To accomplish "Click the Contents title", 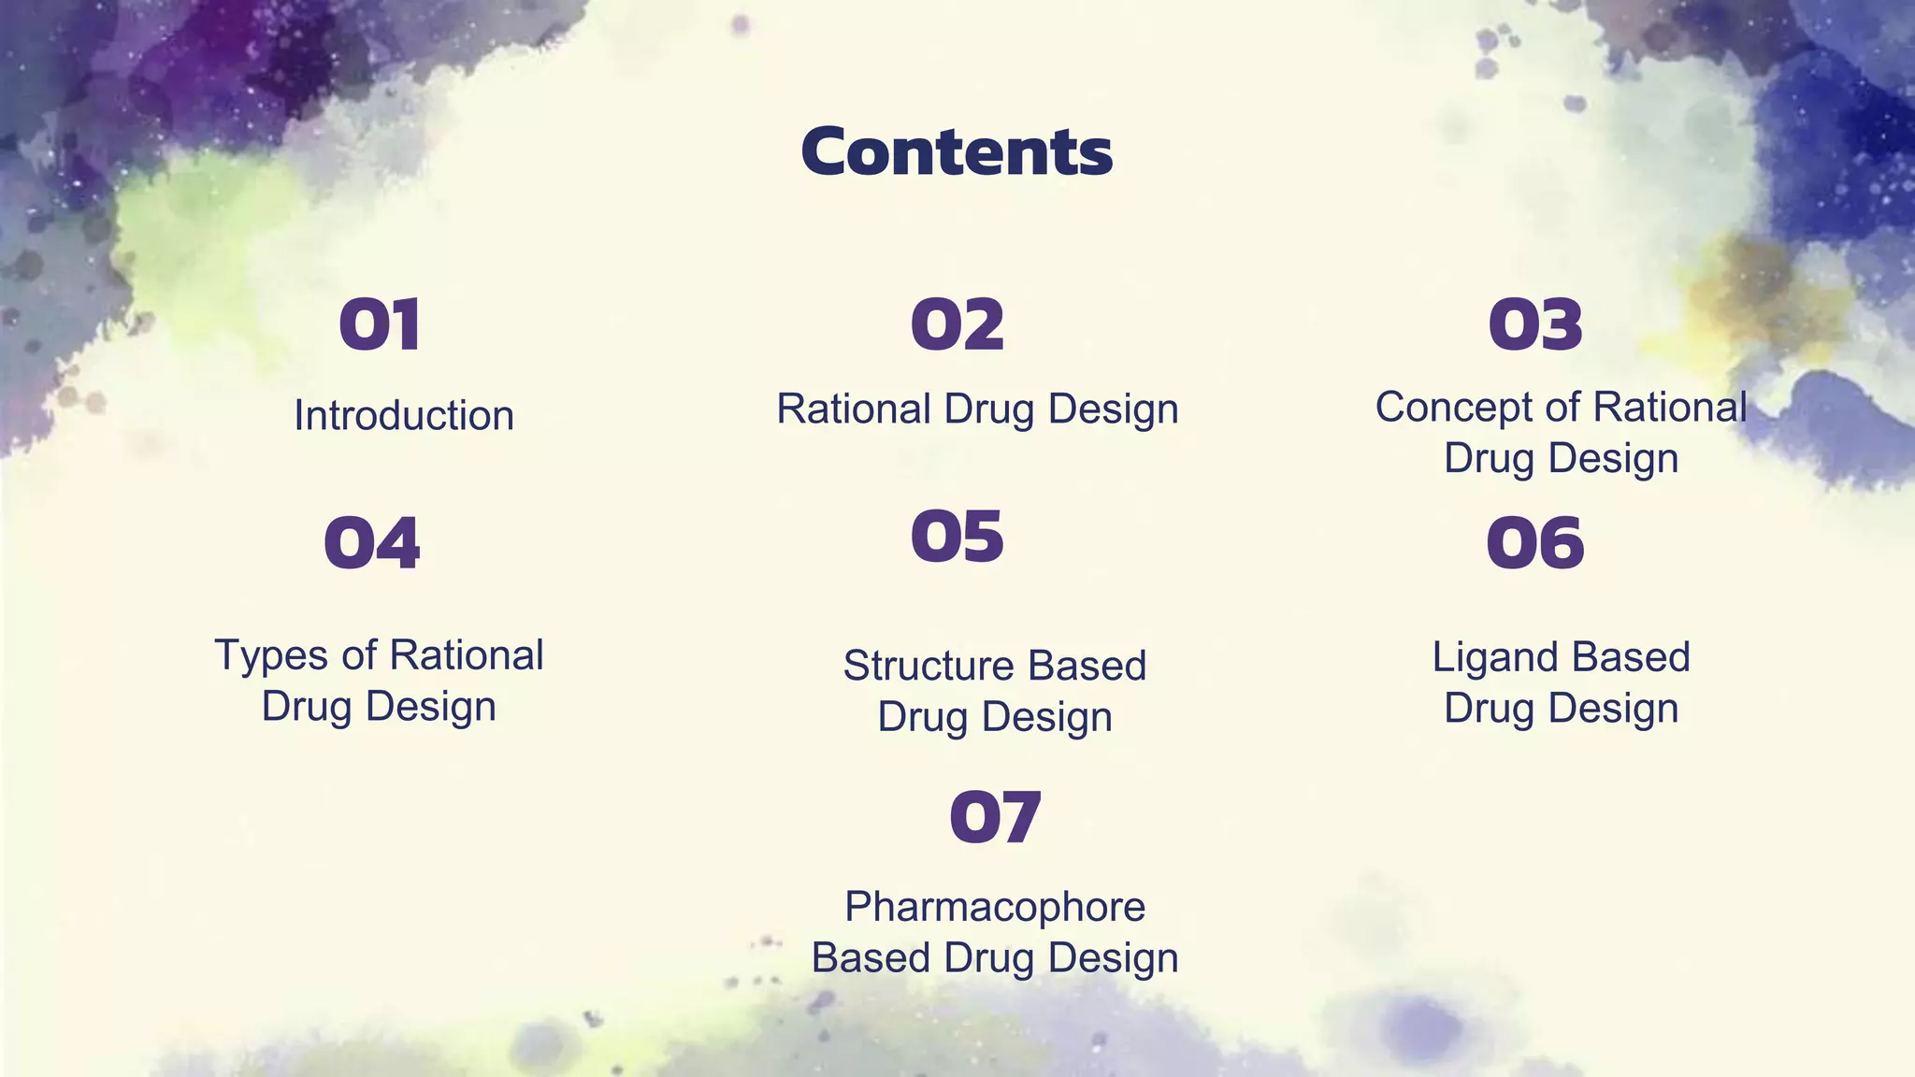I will pyautogui.click(x=957, y=151).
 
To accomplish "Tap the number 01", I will pyautogui.click(x=380, y=325).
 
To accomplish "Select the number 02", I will pyautogui.click(x=957, y=325).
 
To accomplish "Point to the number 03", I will pyautogui.click(x=1534, y=325).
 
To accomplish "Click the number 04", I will pyautogui.click(x=372, y=543).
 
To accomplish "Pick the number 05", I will pyautogui.click(x=957, y=537).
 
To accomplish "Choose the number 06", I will pyautogui.click(x=1534, y=543).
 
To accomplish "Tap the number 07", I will pyautogui.click(x=994, y=817).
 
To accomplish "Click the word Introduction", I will pyautogui.click(x=404, y=416).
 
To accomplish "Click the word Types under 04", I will pyautogui.click(x=273, y=655).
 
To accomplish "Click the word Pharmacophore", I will pyautogui.click(x=994, y=907).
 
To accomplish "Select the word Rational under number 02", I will pyautogui.click(x=853, y=409).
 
